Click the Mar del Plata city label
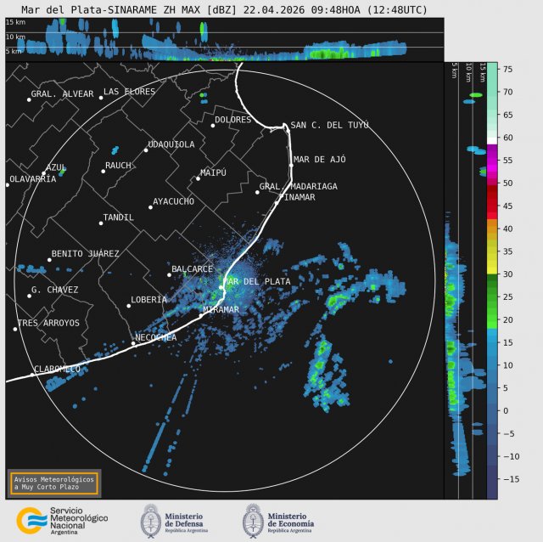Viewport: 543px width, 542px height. click(x=257, y=281)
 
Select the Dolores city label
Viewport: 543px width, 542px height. click(x=232, y=120)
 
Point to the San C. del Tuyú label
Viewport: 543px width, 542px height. click(x=329, y=125)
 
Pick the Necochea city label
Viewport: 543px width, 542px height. click(x=156, y=337)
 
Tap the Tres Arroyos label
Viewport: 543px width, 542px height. click(x=50, y=323)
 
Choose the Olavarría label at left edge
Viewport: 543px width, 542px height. click(x=32, y=179)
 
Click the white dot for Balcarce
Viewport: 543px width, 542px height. click(x=169, y=274)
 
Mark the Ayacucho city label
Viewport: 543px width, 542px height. click(x=173, y=201)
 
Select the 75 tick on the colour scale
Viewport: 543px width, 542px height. click(x=507, y=69)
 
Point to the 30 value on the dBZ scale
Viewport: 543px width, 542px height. click(x=507, y=274)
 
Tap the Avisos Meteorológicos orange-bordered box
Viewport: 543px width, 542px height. click(x=54, y=483)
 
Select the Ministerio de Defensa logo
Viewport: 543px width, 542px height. click(x=174, y=520)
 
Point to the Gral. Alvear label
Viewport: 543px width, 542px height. click(x=62, y=94)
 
